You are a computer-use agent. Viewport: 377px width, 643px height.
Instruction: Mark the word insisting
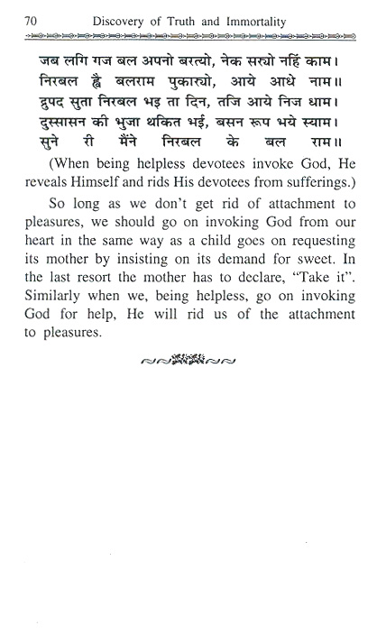(x=181, y=307)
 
